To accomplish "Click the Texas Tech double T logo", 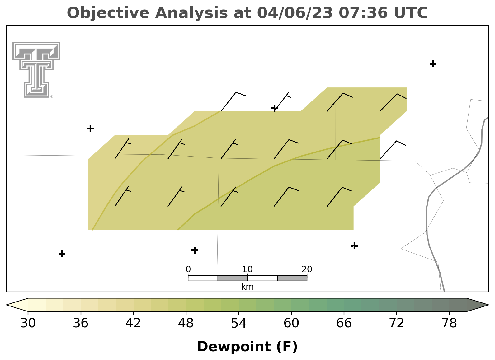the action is point(36,69).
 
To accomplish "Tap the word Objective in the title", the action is point(108,13).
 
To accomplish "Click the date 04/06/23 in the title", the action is point(295,13).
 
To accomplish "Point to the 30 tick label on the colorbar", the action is point(28,323).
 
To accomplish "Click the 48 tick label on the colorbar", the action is point(186,323).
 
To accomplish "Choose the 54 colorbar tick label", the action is point(239,323).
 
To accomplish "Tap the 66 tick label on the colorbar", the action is point(344,323).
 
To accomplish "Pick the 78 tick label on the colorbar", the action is point(449,323).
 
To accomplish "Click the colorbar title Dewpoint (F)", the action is point(247,347).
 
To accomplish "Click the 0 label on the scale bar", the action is point(188,269).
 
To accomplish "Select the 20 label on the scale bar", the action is point(307,269).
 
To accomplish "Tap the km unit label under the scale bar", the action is point(247,287).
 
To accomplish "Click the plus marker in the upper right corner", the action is point(433,64).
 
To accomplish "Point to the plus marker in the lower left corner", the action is point(62,254).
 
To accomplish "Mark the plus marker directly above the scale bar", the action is point(195,250).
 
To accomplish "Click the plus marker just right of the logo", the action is point(90,128).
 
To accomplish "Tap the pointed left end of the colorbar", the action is point(7,305).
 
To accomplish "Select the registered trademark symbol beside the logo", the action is point(52,96).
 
